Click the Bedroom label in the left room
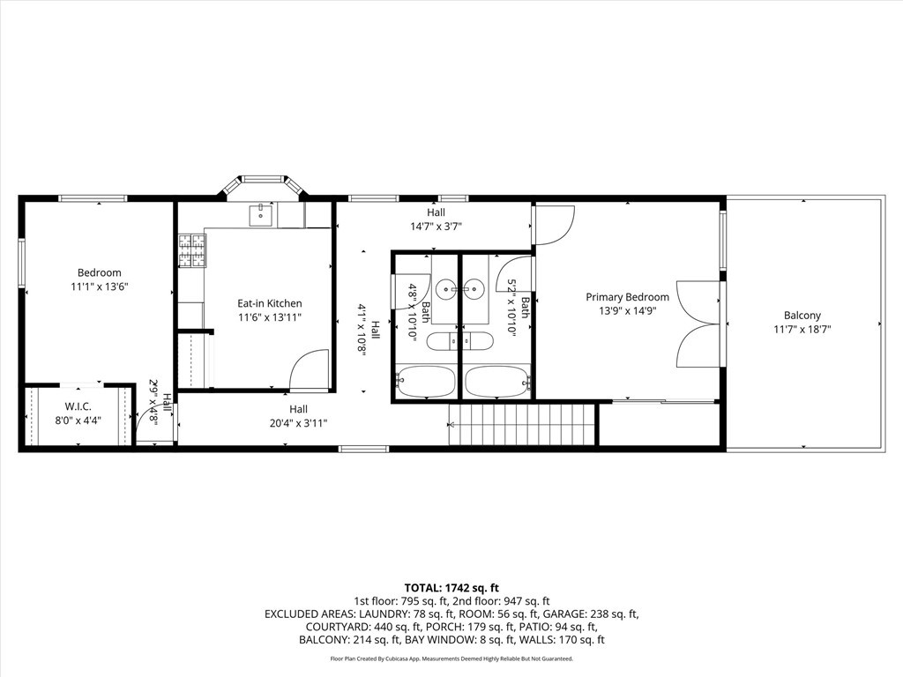coord(99,273)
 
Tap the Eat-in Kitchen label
coord(270,303)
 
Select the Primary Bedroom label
coord(627,297)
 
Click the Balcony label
coord(802,316)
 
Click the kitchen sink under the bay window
coord(262,213)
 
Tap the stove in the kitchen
coord(192,250)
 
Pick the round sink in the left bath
coord(447,288)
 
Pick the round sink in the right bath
coord(475,288)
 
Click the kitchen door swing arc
coord(310,368)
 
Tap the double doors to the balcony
coord(698,324)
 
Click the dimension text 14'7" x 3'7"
coord(436,227)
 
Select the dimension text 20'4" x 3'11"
coord(298,423)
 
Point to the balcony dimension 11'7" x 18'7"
coord(802,330)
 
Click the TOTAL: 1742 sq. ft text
coord(451,588)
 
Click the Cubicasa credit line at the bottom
coord(451,658)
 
